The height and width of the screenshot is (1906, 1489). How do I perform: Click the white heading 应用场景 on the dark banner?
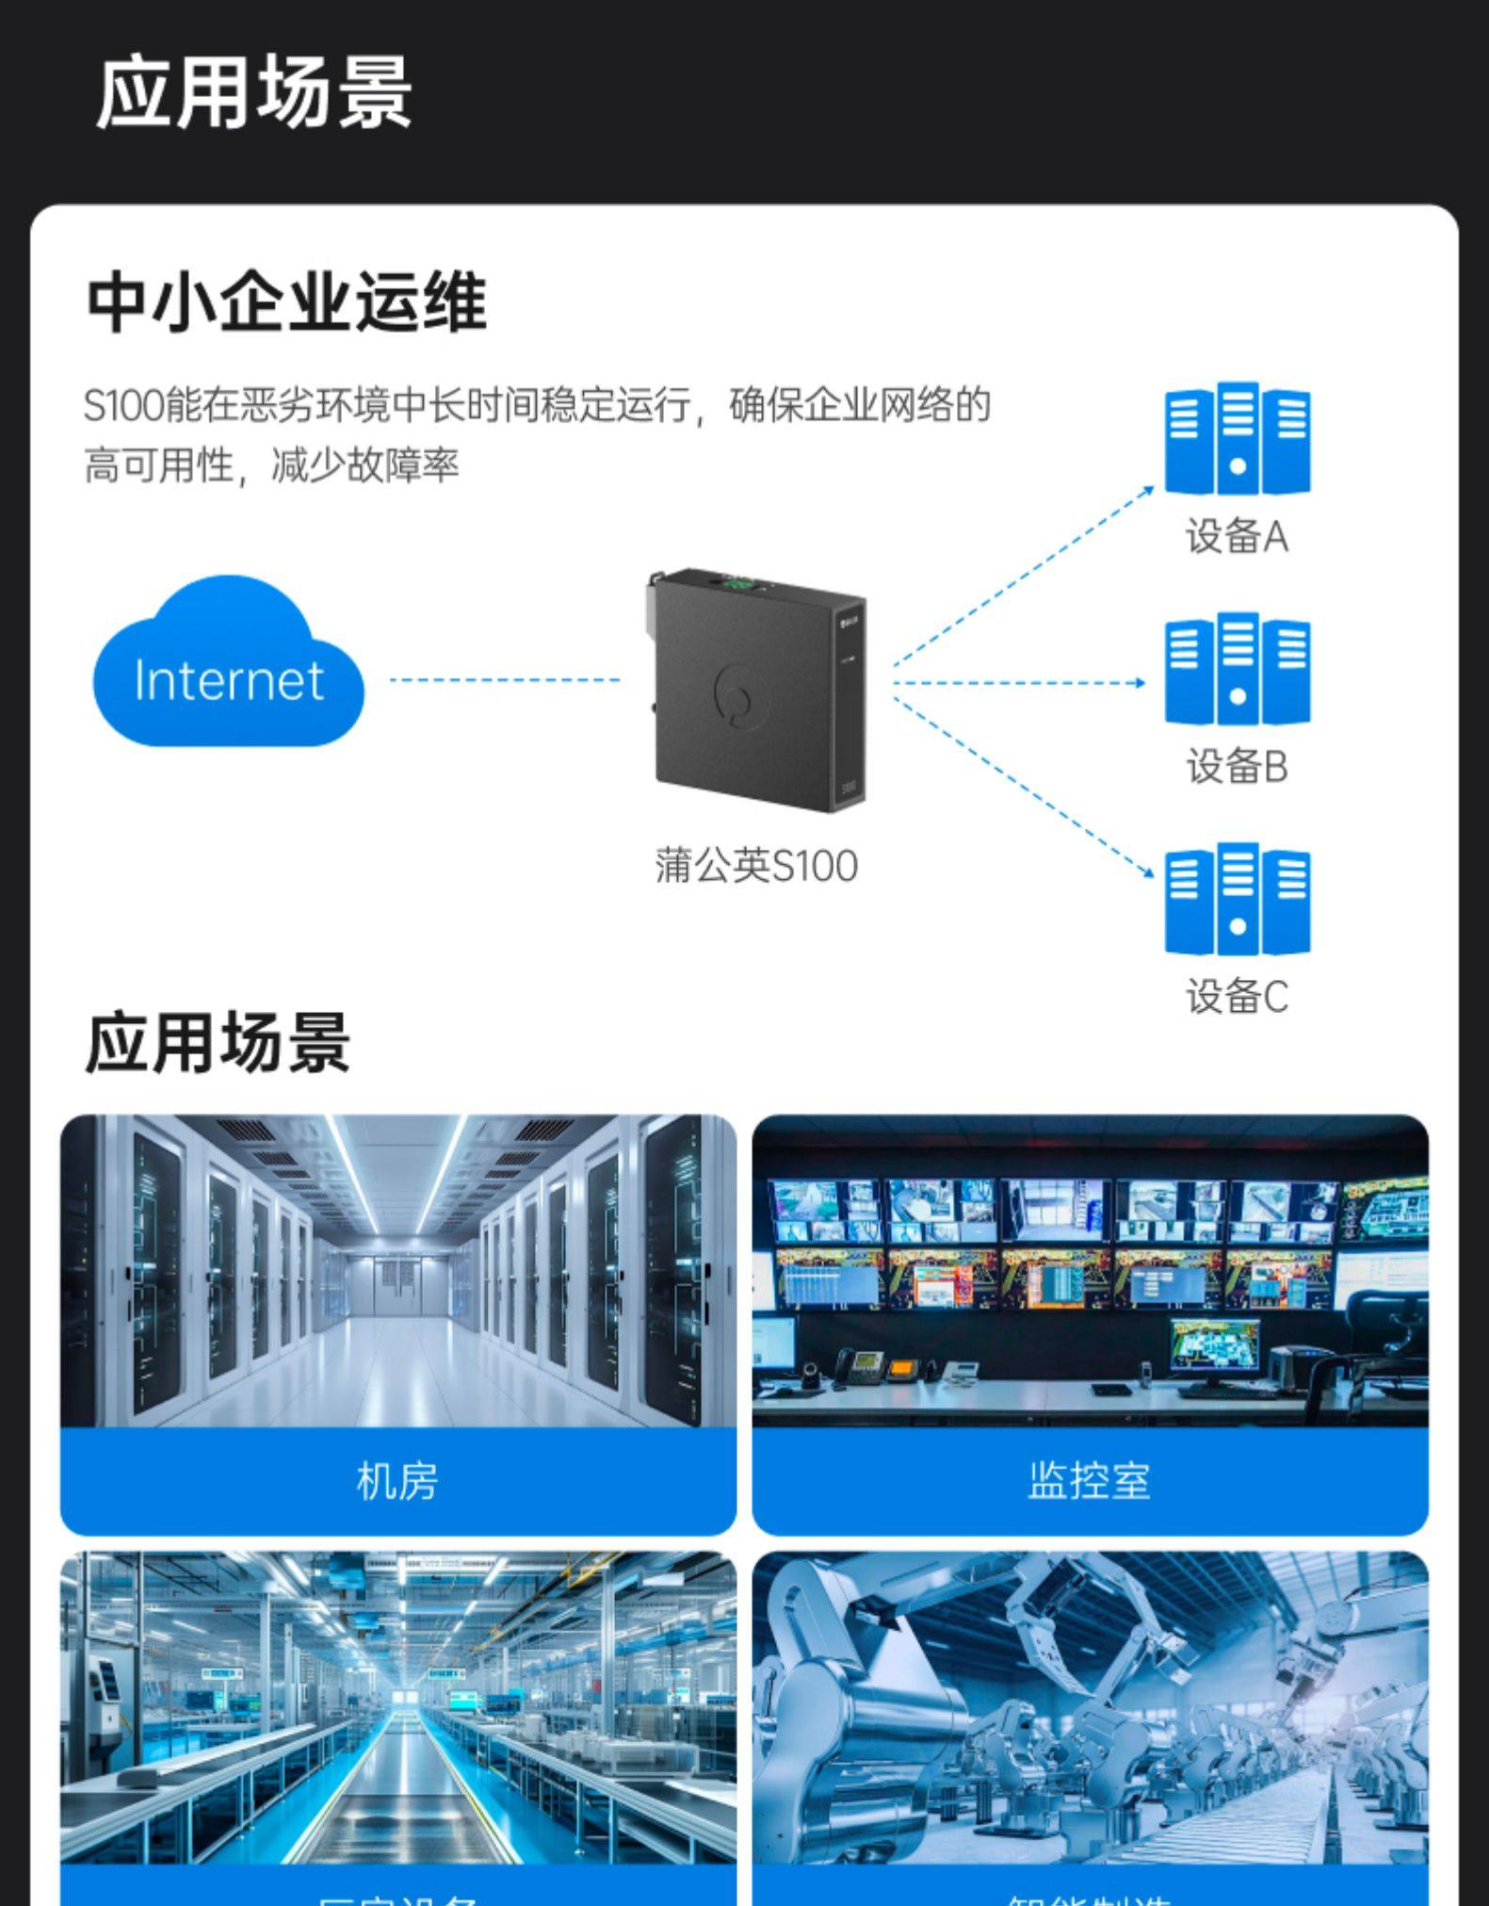[x=254, y=92]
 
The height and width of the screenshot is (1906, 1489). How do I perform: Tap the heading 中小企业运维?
[x=286, y=302]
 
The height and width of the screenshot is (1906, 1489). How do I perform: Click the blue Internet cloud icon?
[x=228, y=665]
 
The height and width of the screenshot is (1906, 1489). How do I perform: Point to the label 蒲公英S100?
[x=756, y=866]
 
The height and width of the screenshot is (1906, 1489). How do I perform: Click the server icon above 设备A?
[x=1237, y=439]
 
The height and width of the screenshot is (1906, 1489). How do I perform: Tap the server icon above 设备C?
[x=1237, y=900]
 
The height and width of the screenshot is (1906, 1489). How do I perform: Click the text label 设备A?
[x=1237, y=537]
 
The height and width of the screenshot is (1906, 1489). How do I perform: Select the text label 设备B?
[x=1237, y=767]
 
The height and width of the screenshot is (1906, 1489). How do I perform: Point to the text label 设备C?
[x=1237, y=997]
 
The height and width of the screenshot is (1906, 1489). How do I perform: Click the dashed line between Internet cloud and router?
[x=505, y=679]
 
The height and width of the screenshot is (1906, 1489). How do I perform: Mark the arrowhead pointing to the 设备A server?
[x=1148, y=490]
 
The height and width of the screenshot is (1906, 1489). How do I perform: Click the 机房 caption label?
[x=397, y=1481]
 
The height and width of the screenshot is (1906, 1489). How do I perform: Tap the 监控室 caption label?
[x=1090, y=1481]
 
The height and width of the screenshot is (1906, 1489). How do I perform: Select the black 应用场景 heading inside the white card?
[x=218, y=1043]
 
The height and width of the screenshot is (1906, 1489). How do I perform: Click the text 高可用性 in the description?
[x=158, y=465]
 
